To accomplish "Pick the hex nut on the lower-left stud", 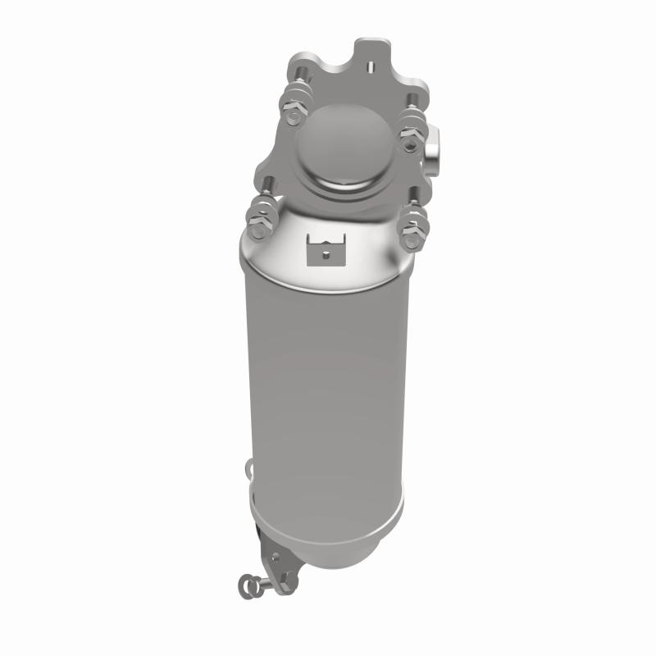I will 258,219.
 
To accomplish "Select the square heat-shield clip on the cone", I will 325,249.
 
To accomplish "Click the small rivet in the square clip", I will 326,254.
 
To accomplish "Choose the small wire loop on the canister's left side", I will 247,471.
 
